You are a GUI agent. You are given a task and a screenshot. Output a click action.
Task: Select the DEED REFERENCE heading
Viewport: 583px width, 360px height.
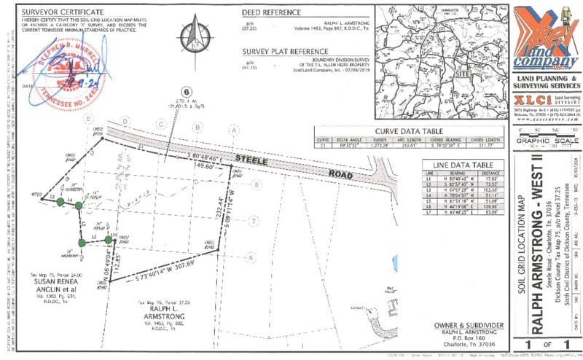click(271, 12)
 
